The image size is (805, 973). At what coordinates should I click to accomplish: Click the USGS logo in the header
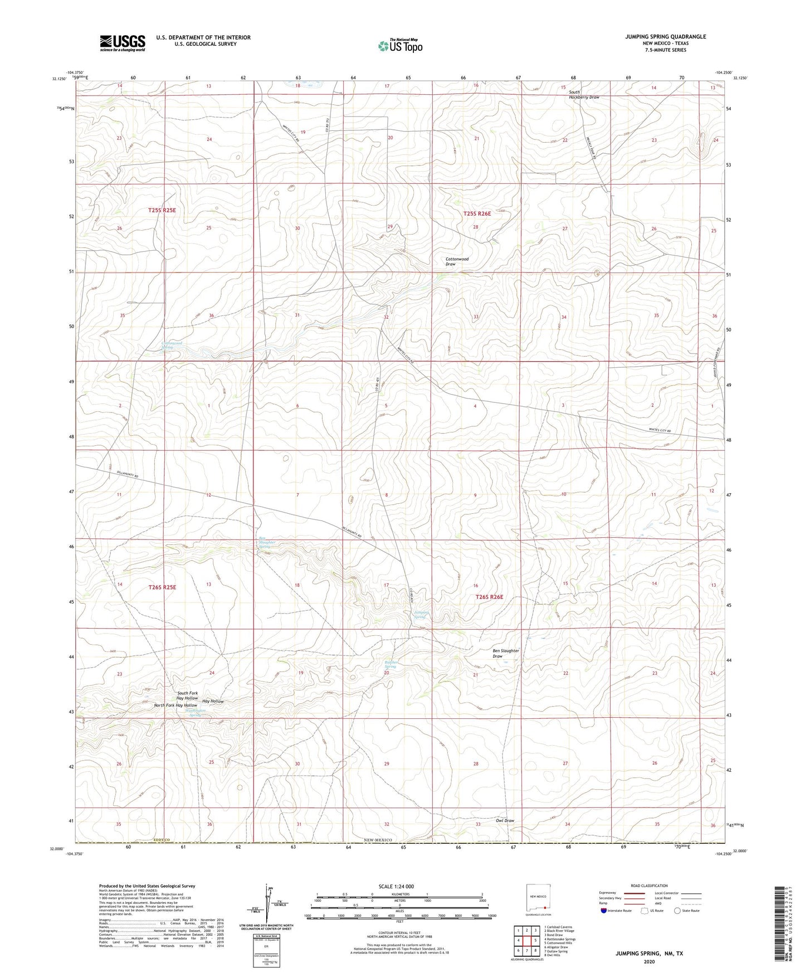click(x=123, y=42)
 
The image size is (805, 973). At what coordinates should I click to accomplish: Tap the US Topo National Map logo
click(x=400, y=45)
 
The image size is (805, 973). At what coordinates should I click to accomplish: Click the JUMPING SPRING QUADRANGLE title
click(x=665, y=37)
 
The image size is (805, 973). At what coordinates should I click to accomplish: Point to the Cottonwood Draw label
click(x=457, y=261)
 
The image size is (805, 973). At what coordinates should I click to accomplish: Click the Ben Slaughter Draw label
click(x=505, y=653)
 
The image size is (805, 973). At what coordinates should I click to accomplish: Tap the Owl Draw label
click(x=505, y=820)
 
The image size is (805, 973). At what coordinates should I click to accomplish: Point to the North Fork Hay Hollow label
click(x=175, y=705)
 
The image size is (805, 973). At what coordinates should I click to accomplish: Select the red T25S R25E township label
click(x=162, y=210)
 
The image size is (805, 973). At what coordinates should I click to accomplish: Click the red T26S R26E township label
click(x=489, y=597)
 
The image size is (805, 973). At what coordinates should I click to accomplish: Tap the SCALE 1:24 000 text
click(x=396, y=886)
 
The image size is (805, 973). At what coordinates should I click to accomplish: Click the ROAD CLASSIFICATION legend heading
click(x=650, y=886)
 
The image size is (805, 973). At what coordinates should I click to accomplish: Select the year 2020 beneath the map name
click(x=649, y=961)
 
